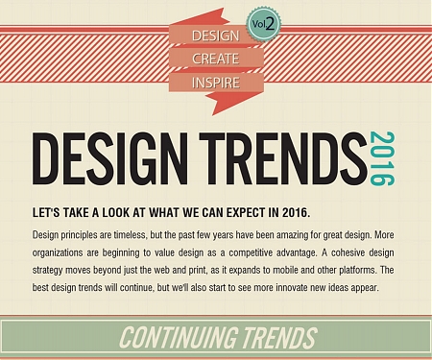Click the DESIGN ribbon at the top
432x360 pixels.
pyautogui.click(x=215, y=36)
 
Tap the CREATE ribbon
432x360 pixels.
pyautogui.click(x=215, y=59)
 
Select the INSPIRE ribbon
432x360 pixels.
pyautogui.click(x=215, y=82)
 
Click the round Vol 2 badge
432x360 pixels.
pyautogui.click(x=262, y=24)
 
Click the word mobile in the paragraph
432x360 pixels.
pyautogui.click(x=273, y=271)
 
